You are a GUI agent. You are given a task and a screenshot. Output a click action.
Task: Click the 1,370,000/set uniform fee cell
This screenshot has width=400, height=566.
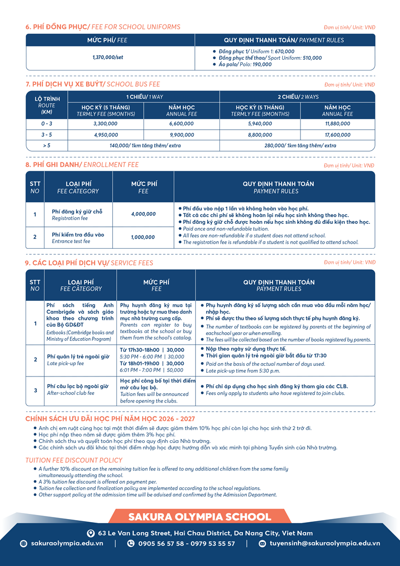point(108,57)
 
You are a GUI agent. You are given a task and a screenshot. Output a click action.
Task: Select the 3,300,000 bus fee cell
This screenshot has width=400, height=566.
point(106,124)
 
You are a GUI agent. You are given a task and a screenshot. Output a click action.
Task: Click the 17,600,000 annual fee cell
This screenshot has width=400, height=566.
point(338,135)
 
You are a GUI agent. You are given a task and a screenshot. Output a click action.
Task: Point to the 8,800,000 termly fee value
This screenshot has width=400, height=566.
point(260,135)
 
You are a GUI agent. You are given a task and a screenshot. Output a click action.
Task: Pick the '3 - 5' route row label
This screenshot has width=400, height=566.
point(46,135)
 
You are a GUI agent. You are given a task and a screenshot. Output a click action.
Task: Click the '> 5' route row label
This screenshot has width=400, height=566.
point(46,146)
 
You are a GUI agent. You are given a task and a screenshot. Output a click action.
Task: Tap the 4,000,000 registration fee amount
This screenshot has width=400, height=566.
point(143,214)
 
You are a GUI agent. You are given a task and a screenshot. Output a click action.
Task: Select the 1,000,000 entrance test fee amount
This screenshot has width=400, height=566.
point(143,238)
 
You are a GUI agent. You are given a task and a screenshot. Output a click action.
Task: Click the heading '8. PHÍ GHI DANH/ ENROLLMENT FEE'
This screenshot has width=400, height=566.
point(82,165)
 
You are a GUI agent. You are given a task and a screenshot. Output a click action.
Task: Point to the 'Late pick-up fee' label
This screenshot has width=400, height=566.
point(65,363)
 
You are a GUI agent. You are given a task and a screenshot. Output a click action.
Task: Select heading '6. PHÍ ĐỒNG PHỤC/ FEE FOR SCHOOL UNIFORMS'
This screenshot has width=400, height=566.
point(103,27)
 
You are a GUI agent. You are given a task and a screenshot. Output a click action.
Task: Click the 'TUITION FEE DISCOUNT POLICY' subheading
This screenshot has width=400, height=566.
point(74,460)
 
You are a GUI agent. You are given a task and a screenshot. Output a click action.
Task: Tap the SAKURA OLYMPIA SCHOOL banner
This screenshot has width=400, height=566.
point(199,516)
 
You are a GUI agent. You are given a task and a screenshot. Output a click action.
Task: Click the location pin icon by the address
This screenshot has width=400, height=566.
point(91,533)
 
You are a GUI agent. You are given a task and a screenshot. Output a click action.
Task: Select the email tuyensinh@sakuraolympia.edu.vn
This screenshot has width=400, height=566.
point(324,544)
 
